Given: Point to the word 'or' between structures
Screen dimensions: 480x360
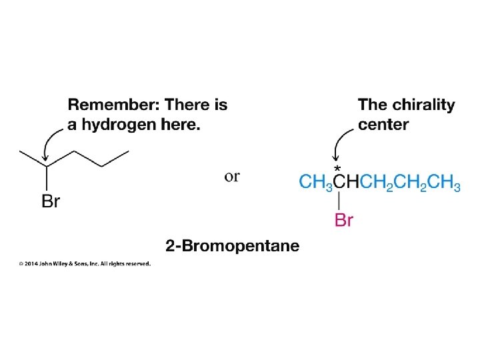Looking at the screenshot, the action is click(232, 177).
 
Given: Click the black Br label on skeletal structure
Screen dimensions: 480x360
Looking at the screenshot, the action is click(51, 202).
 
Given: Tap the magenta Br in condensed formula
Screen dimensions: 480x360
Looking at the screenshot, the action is click(343, 220).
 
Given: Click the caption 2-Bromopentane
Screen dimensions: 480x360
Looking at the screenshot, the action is click(233, 246).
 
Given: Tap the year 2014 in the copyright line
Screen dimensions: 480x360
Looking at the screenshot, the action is click(32, 263).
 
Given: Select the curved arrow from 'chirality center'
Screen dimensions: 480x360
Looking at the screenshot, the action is click(341, 141).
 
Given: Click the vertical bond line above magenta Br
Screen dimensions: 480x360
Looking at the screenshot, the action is click(339, 201).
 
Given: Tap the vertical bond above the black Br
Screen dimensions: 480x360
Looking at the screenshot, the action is click(46, 177).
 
